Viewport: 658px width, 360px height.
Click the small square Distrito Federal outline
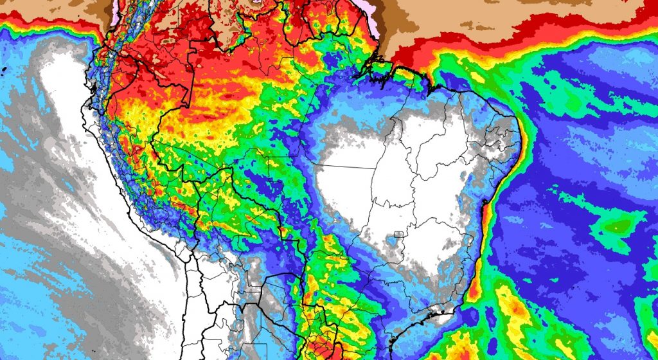point(398,237)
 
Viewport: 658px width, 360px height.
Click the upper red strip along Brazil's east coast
point(488,212)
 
